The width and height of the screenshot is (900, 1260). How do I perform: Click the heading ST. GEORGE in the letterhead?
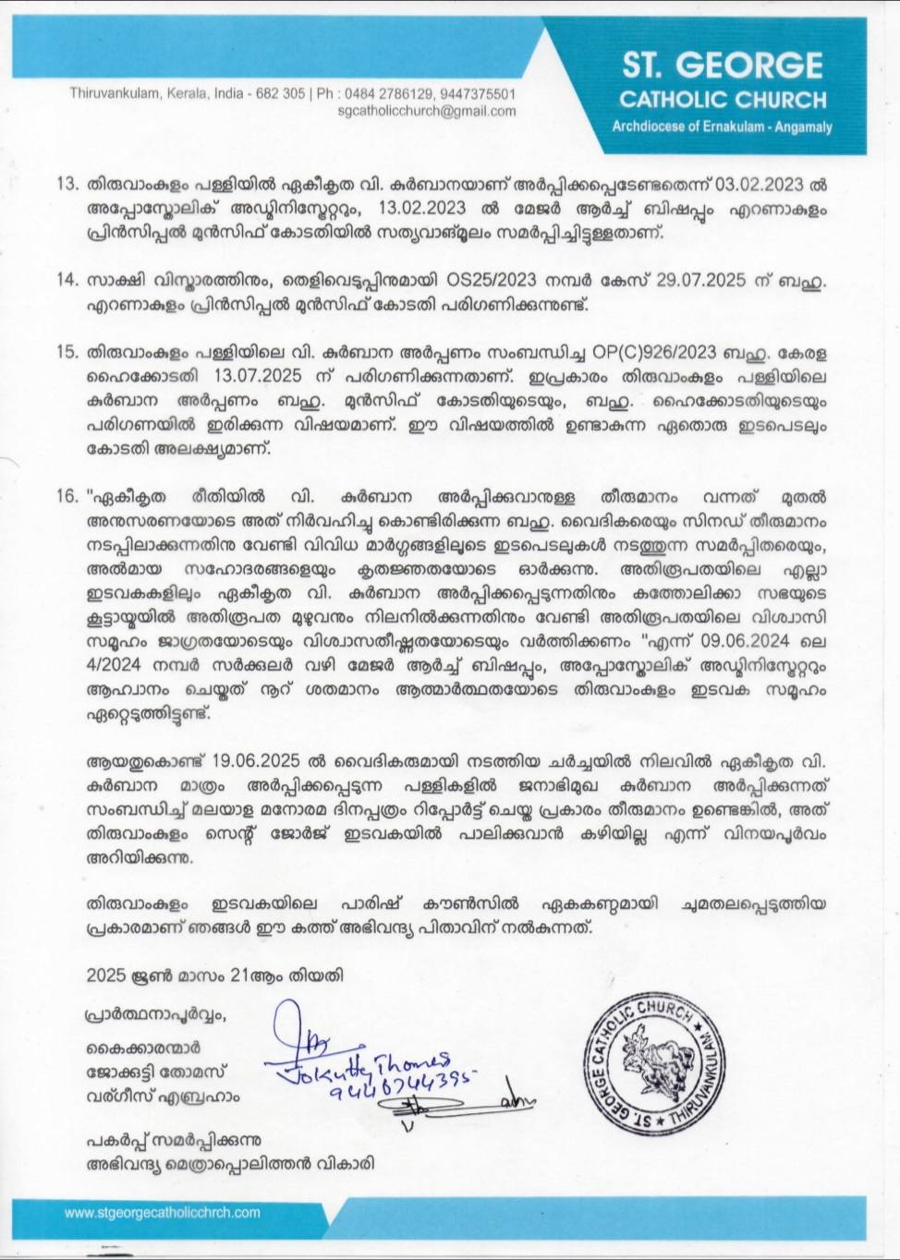(x=722, y=66)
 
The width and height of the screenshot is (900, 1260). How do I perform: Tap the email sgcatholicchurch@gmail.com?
(x=427, y=111)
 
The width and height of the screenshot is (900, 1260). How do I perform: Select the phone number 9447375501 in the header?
(x=478, y=93)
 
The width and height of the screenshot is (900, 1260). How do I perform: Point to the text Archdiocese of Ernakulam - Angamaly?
(x=722, y=127)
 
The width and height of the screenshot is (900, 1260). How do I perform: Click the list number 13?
(x=67, y=183)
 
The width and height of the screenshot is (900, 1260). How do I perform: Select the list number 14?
(x=67, y=280)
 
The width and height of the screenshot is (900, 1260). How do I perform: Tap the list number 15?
(x=67, y=352)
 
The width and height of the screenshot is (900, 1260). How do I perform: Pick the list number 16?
(x=67, y=496)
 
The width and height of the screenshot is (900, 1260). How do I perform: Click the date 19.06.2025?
(x=256, y=760)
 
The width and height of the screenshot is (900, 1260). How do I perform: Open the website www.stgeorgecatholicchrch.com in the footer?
(x=162, y=1213)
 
